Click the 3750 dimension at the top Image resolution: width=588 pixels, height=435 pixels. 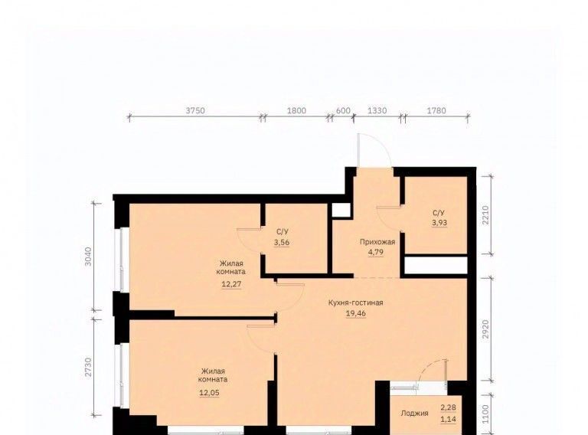tap(195, 110)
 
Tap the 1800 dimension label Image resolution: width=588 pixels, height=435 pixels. tap(296, 110)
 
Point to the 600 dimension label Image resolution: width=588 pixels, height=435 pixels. tap(343, 110)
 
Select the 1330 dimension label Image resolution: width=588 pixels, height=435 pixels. tap(377, 110)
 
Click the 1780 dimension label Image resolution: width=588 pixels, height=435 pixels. tap(437, 110)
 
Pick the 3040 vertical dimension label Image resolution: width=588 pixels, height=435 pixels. tap(88, 256)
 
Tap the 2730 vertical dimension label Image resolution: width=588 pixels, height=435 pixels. tap(88, 368)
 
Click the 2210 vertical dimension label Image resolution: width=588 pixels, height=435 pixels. tap(486, 215)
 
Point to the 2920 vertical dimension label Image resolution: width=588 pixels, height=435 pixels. tap(486, 329)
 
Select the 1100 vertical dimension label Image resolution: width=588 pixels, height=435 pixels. tap(486, 414)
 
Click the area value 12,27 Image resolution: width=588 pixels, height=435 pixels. tap(231, 284)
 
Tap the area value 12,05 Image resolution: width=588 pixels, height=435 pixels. tap(210, 393)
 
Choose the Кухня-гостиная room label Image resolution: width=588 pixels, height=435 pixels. tap(355, 303)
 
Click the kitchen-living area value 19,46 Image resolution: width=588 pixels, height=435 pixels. tap(356, 313)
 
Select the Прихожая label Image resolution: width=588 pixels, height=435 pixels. tap(377, 242)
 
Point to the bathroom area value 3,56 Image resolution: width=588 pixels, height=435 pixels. tap(282, 243)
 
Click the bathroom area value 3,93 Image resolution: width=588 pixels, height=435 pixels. tap(439, 223)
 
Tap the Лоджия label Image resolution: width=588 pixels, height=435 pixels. tap(414, 414)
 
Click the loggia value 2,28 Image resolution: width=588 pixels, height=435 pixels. tap(448, 407)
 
